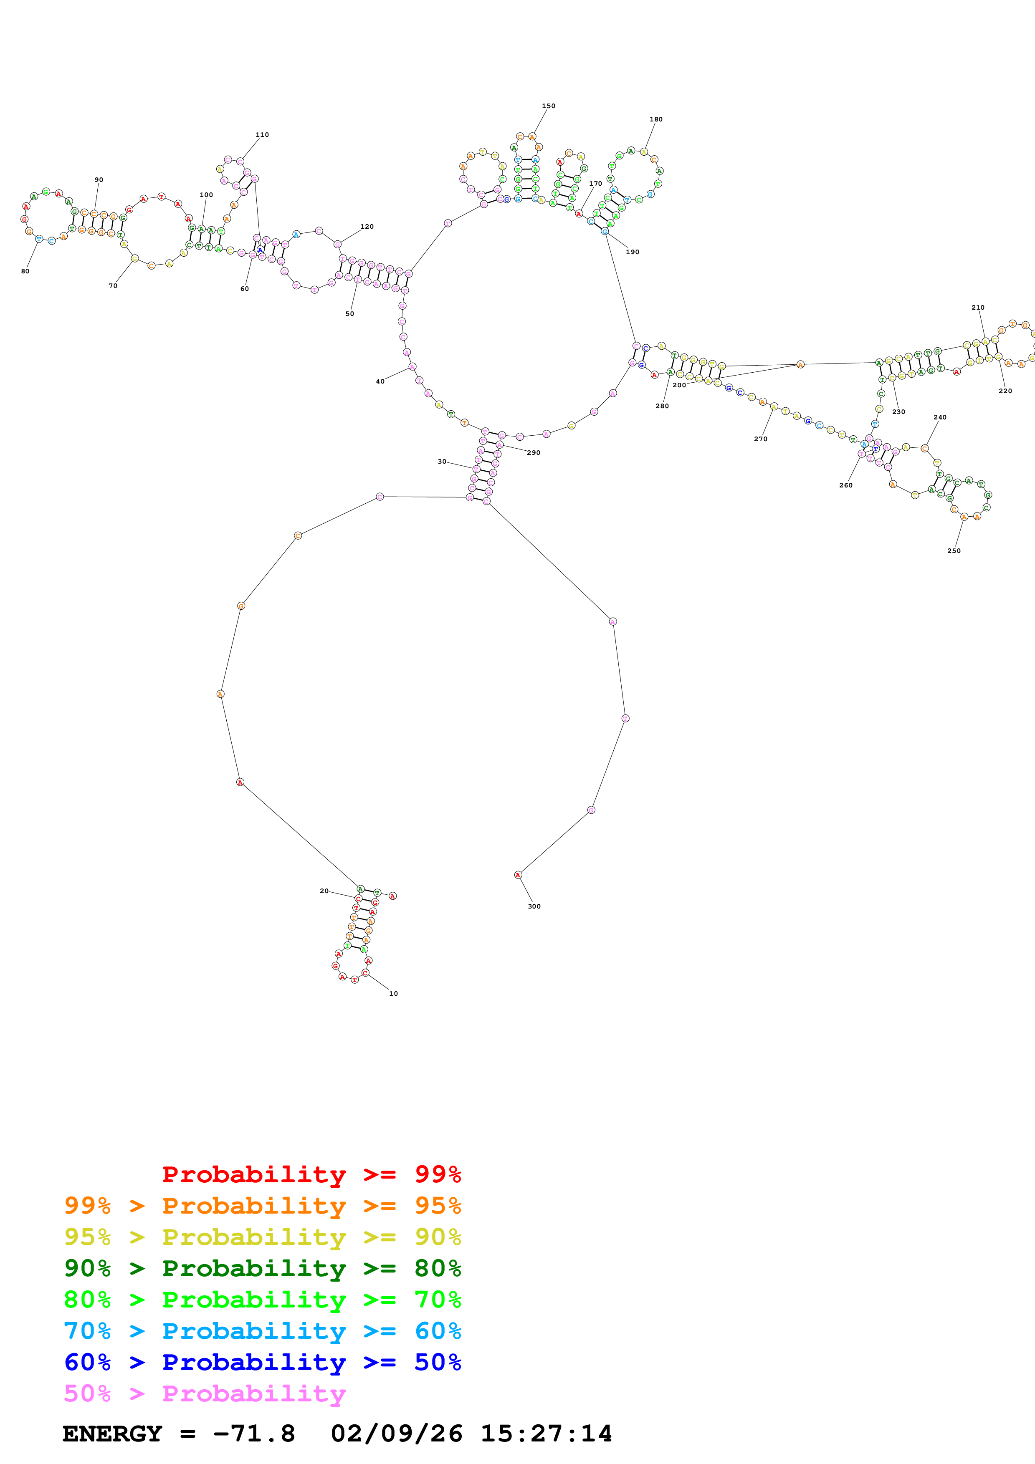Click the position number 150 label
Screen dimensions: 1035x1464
click(x=549, y=106)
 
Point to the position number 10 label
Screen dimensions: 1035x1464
click(x=393, y=993)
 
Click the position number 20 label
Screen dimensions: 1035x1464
click(x=324, y=891)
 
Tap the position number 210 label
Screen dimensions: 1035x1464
click(x=978, y=307)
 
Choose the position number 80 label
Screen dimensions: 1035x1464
click(x=25, y=271)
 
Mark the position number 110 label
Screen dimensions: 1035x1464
click(x=262, y=134)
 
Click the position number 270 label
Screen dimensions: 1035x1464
click(x=760, y=439)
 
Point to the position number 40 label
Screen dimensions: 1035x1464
click(x=380, y=381)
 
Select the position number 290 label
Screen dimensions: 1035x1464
click(x=533, y=453)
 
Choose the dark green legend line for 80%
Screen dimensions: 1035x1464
click(x=262, y=1268)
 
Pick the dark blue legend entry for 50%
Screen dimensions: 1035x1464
click(x=262, y=1362)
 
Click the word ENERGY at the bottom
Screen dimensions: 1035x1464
click(x=112, y=1434)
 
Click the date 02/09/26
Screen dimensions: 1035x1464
click(x=396, y=1434)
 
